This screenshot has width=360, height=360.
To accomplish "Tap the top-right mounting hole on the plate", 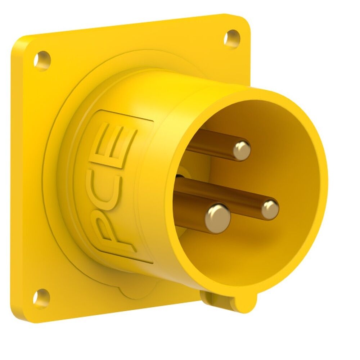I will (x=231, y=38).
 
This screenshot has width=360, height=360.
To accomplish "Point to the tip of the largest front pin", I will (x=218, y=217).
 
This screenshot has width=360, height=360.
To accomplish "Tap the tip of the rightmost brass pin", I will (x=270, y=210).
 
